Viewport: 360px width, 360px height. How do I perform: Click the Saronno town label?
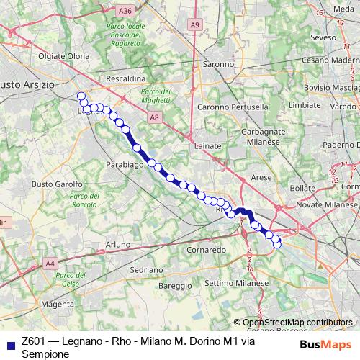[217, 63]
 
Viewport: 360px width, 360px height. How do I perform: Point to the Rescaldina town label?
[125, 78]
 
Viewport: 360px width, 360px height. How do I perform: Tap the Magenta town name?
[58, 305]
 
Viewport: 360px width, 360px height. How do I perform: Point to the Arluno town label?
[118, 245]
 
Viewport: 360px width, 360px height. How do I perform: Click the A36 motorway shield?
[125, 10]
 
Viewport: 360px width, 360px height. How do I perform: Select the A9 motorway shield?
[195, 25]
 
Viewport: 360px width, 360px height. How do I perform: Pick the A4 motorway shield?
[50, 264]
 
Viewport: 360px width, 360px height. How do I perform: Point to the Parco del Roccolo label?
[84, 200]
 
